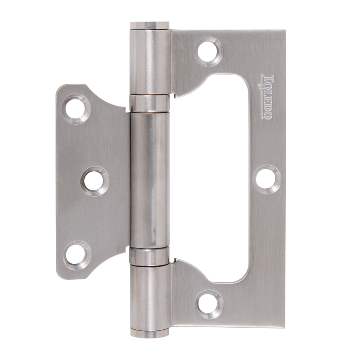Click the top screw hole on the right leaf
(208, 51)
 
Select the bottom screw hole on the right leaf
(209, 304)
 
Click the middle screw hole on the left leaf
(94, 181)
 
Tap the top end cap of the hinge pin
(150, 25)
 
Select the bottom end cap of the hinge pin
(150, 333)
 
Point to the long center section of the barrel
(150, 180)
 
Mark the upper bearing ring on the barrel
(150, 103)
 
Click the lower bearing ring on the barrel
(150, 256)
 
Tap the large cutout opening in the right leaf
(225, 180)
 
